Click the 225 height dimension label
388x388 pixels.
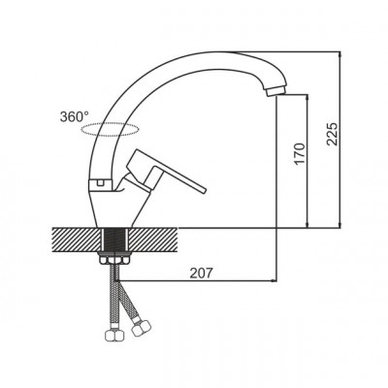tap(332, 134)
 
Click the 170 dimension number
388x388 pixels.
tap(300, 153)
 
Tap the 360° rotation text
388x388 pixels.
tap(75, 116)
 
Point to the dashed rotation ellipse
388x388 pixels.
tap(111, 129)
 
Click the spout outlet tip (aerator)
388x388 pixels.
tap(275, 90)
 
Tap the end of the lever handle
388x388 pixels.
tap(202, 190)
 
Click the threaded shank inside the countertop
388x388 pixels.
tap(115, 240)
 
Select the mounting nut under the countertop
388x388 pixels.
tap(115, 260)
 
